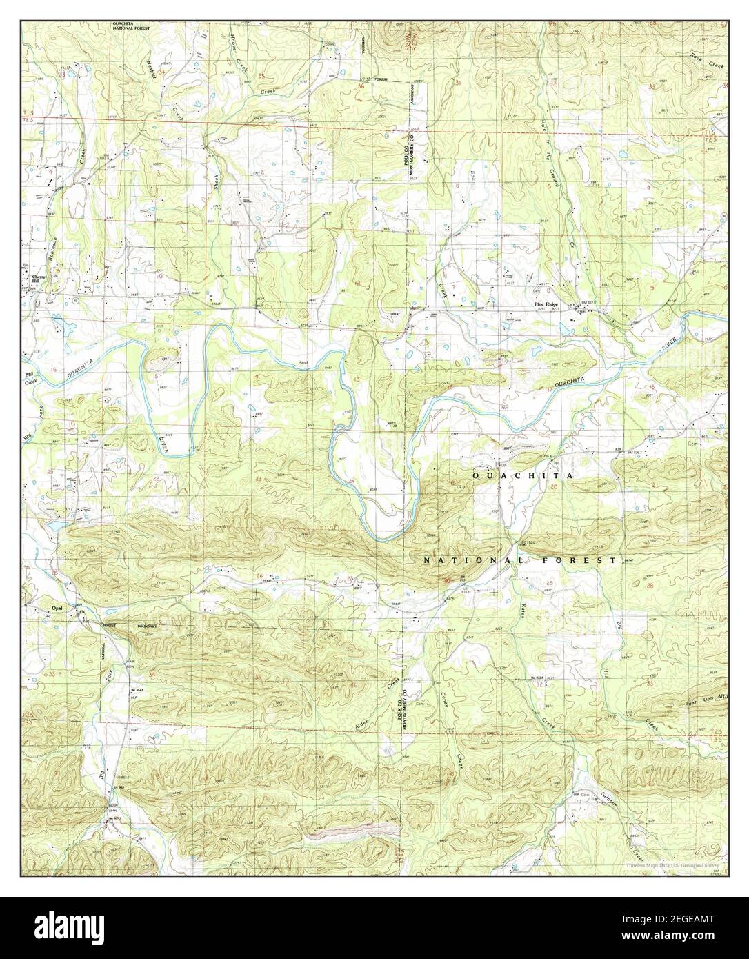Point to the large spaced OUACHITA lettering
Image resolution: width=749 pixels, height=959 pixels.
tap(521, 477)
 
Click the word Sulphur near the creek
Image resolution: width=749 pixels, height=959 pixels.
tap(607, 794)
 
